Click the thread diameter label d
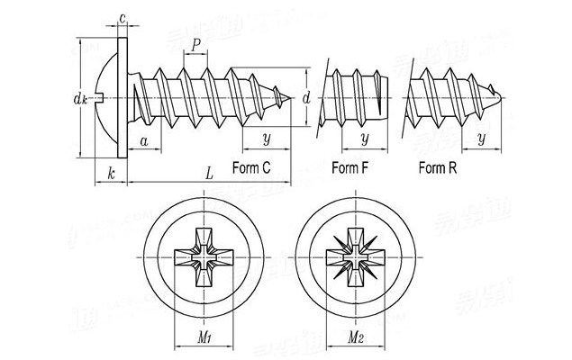click(x=307, y=96)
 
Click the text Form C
click(x=251, y=168)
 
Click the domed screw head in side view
click(x=101, y=94)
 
